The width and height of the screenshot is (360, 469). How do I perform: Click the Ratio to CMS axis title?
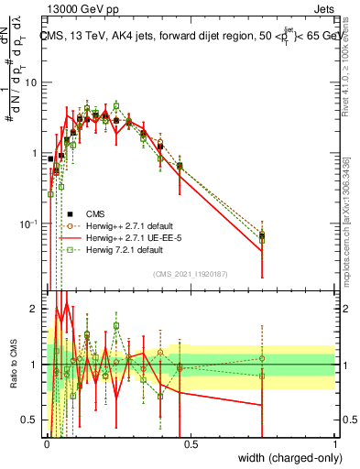pos(12,365)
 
